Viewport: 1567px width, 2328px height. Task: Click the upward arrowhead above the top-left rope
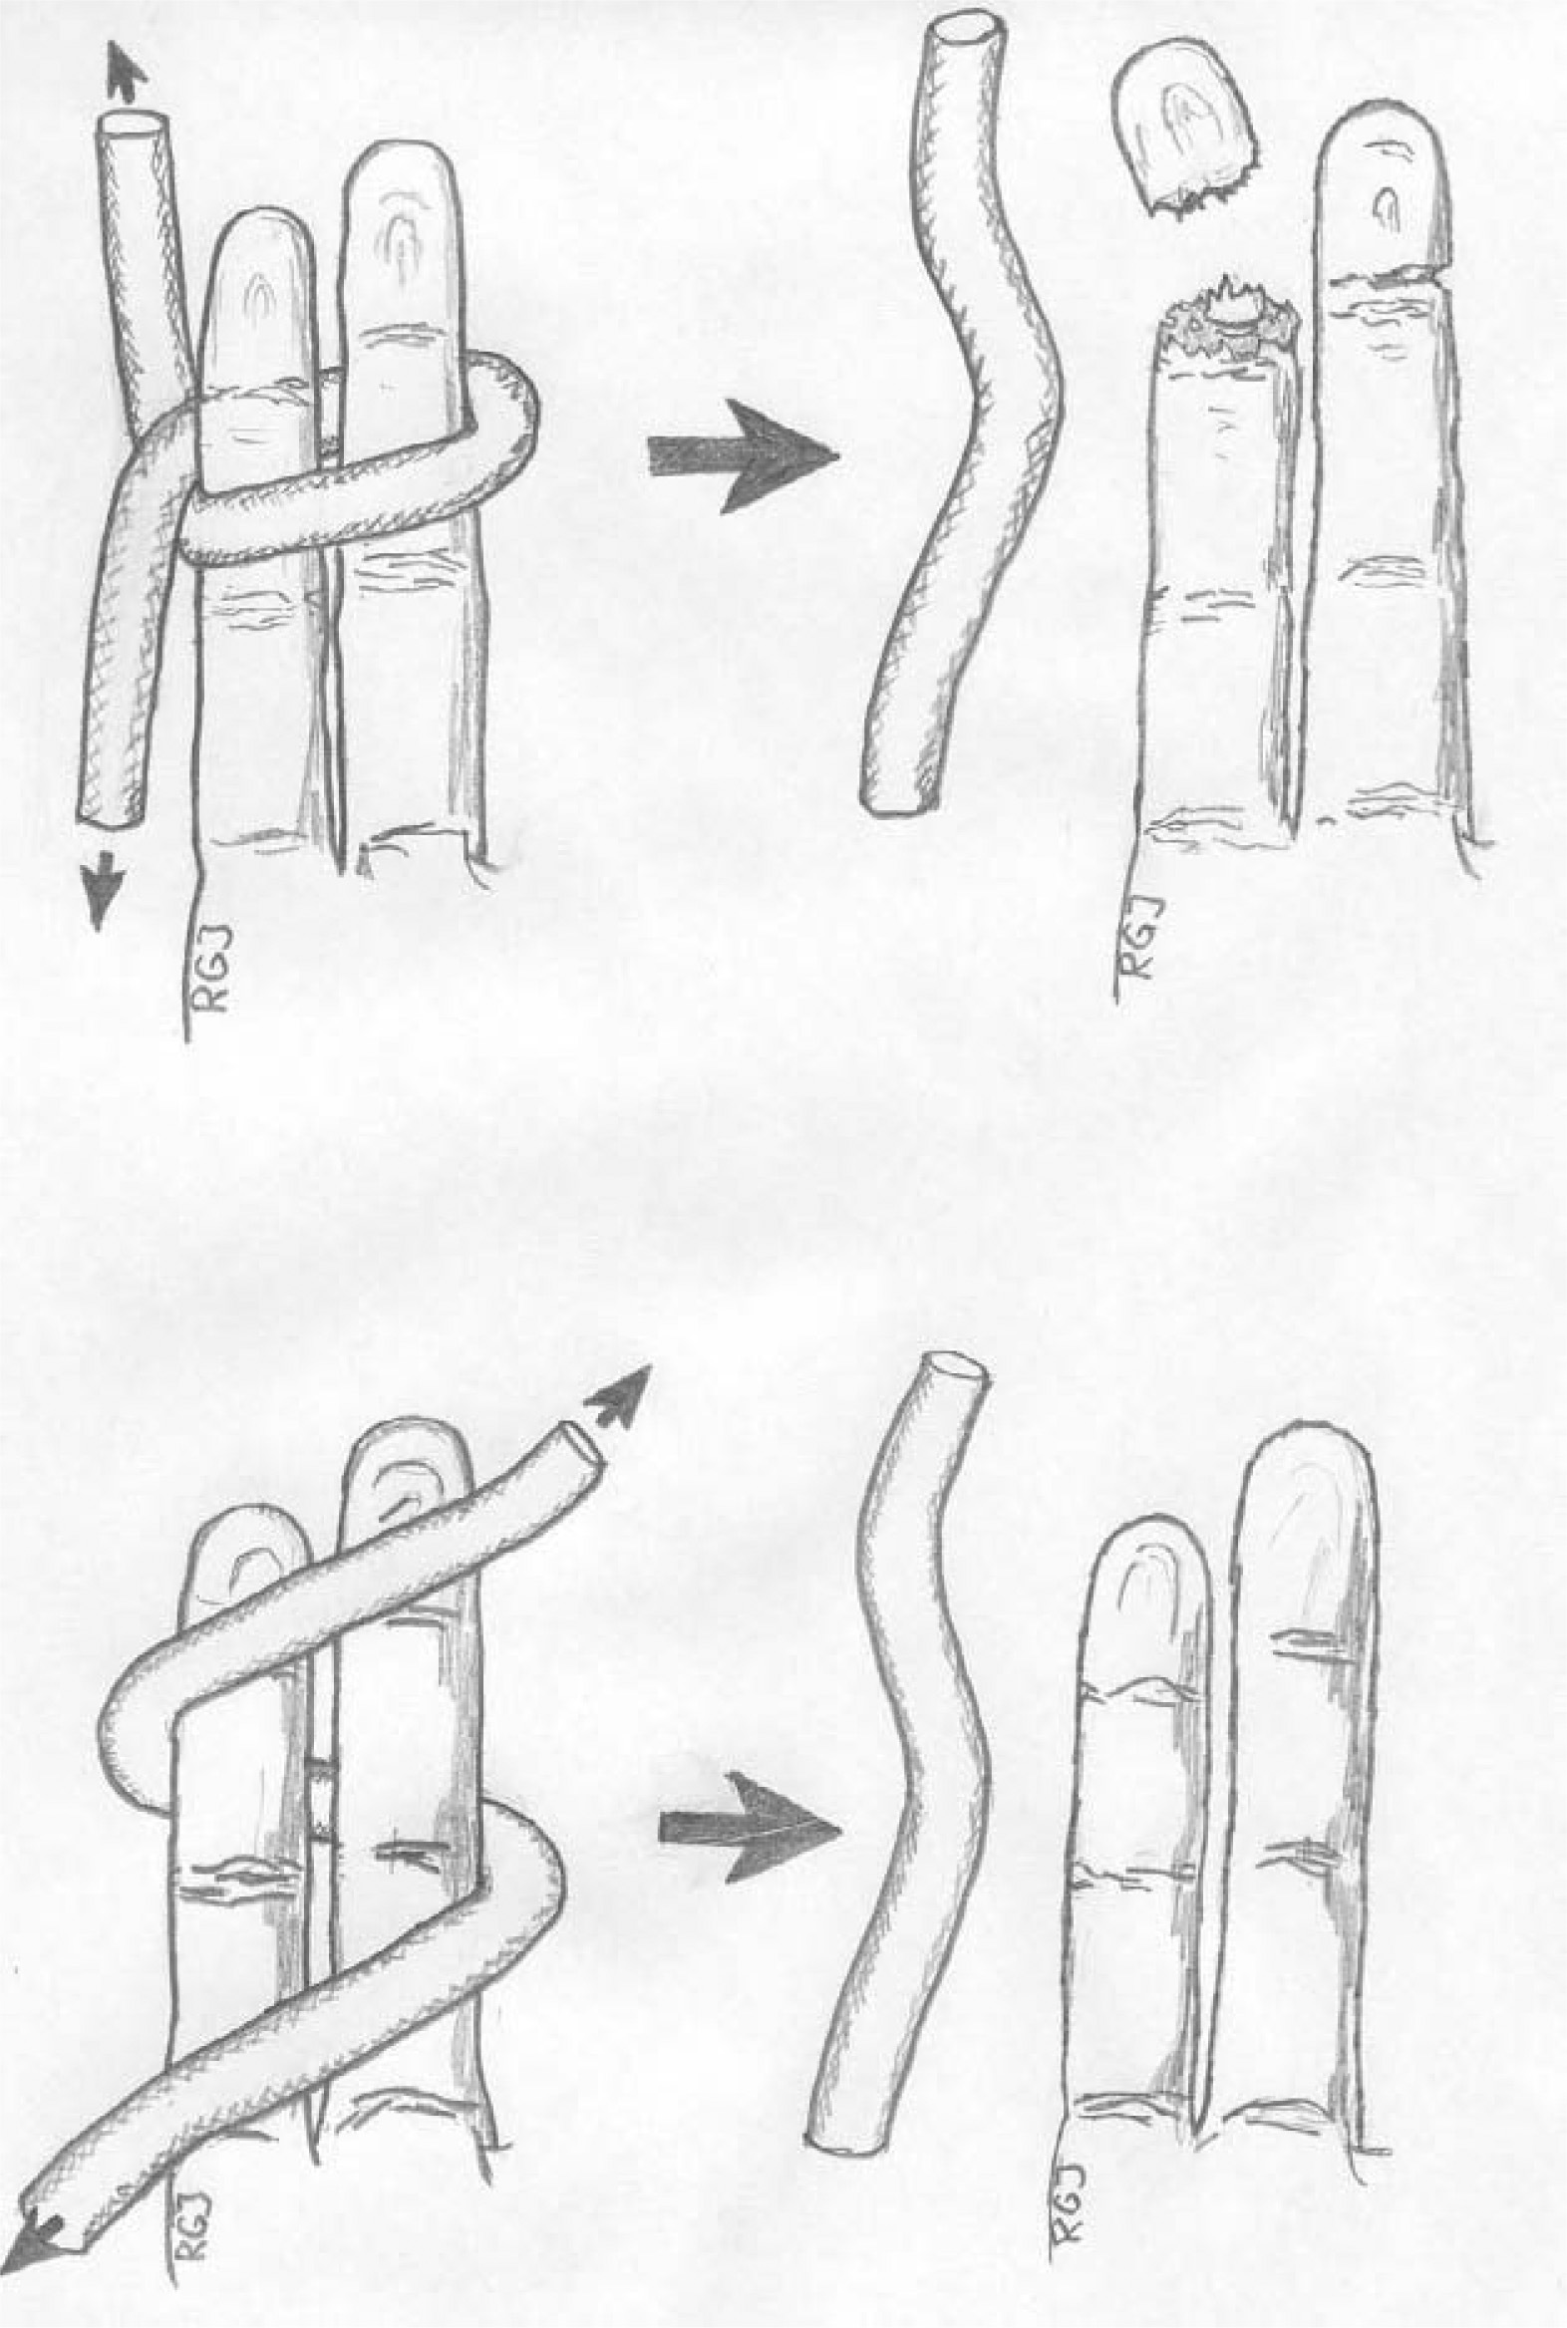[126, 72]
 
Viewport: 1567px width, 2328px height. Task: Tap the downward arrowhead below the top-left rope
[102, 892]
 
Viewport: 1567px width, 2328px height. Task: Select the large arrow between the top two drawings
[742, 456]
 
